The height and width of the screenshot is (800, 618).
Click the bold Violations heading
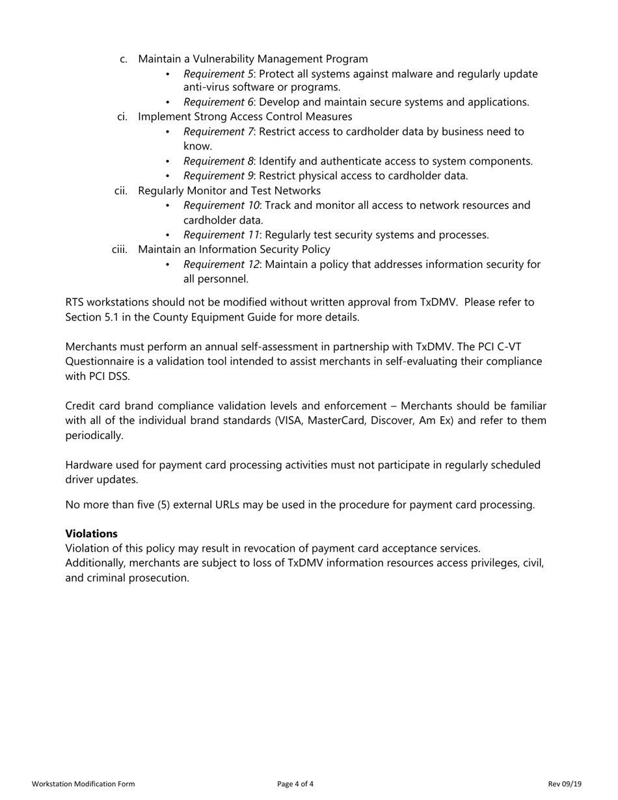click(91, 533)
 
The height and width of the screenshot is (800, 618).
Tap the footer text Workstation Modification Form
click(83, 784)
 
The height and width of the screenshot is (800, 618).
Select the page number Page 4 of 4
click(295, 784)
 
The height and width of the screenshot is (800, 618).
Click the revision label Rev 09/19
click(565, 784)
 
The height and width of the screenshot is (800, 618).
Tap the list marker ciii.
click(120, 250)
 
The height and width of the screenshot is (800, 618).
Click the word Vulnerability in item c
click(226, 59)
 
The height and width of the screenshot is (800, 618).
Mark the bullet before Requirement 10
click(168, 206)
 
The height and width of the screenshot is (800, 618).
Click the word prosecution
click(159, 578)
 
